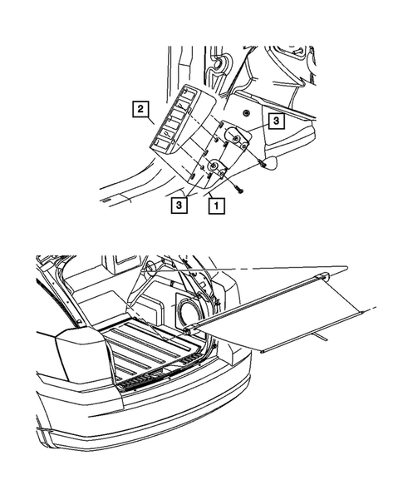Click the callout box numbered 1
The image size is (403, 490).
coord(216,202)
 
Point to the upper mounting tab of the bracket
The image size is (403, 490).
coord(236,136)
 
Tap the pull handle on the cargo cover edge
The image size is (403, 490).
coord(317,336)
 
